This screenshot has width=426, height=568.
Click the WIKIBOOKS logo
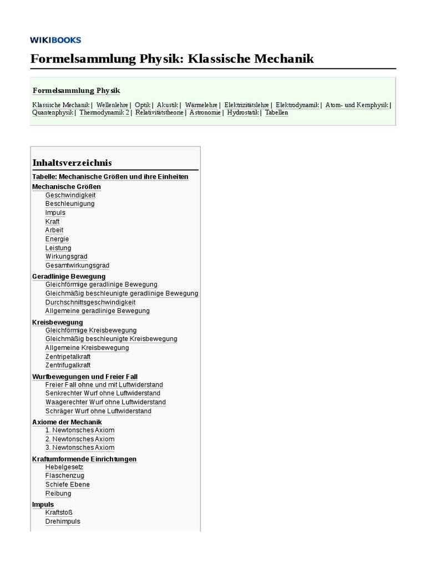pos(55,40)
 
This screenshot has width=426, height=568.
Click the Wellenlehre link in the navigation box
pos(112,104)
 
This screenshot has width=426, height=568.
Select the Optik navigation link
pos(143,104)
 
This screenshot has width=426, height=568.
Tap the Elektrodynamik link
pos(297,104)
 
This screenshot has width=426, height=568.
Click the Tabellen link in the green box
pos(276,113)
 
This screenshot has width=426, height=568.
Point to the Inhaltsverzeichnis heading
pos(72,163)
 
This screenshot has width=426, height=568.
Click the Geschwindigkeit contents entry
pos(70,195)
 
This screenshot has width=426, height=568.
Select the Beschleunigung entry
pos(70,204)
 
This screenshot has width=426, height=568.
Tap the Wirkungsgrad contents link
pos(67,257)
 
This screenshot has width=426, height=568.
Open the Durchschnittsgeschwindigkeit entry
pos(90,302)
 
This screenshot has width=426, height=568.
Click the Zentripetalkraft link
pos(68,357)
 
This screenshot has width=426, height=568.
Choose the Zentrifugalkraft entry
pos(68,365)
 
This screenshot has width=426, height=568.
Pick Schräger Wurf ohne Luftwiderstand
pos(98,411)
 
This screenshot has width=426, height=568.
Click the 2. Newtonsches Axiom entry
pos(80,439)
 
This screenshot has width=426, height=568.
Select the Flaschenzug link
pos(65,476)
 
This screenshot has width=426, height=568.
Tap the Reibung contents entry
pos(58,494)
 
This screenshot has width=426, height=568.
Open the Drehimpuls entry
pos(63,521)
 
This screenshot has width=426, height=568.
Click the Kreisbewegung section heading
pos(58,322)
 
